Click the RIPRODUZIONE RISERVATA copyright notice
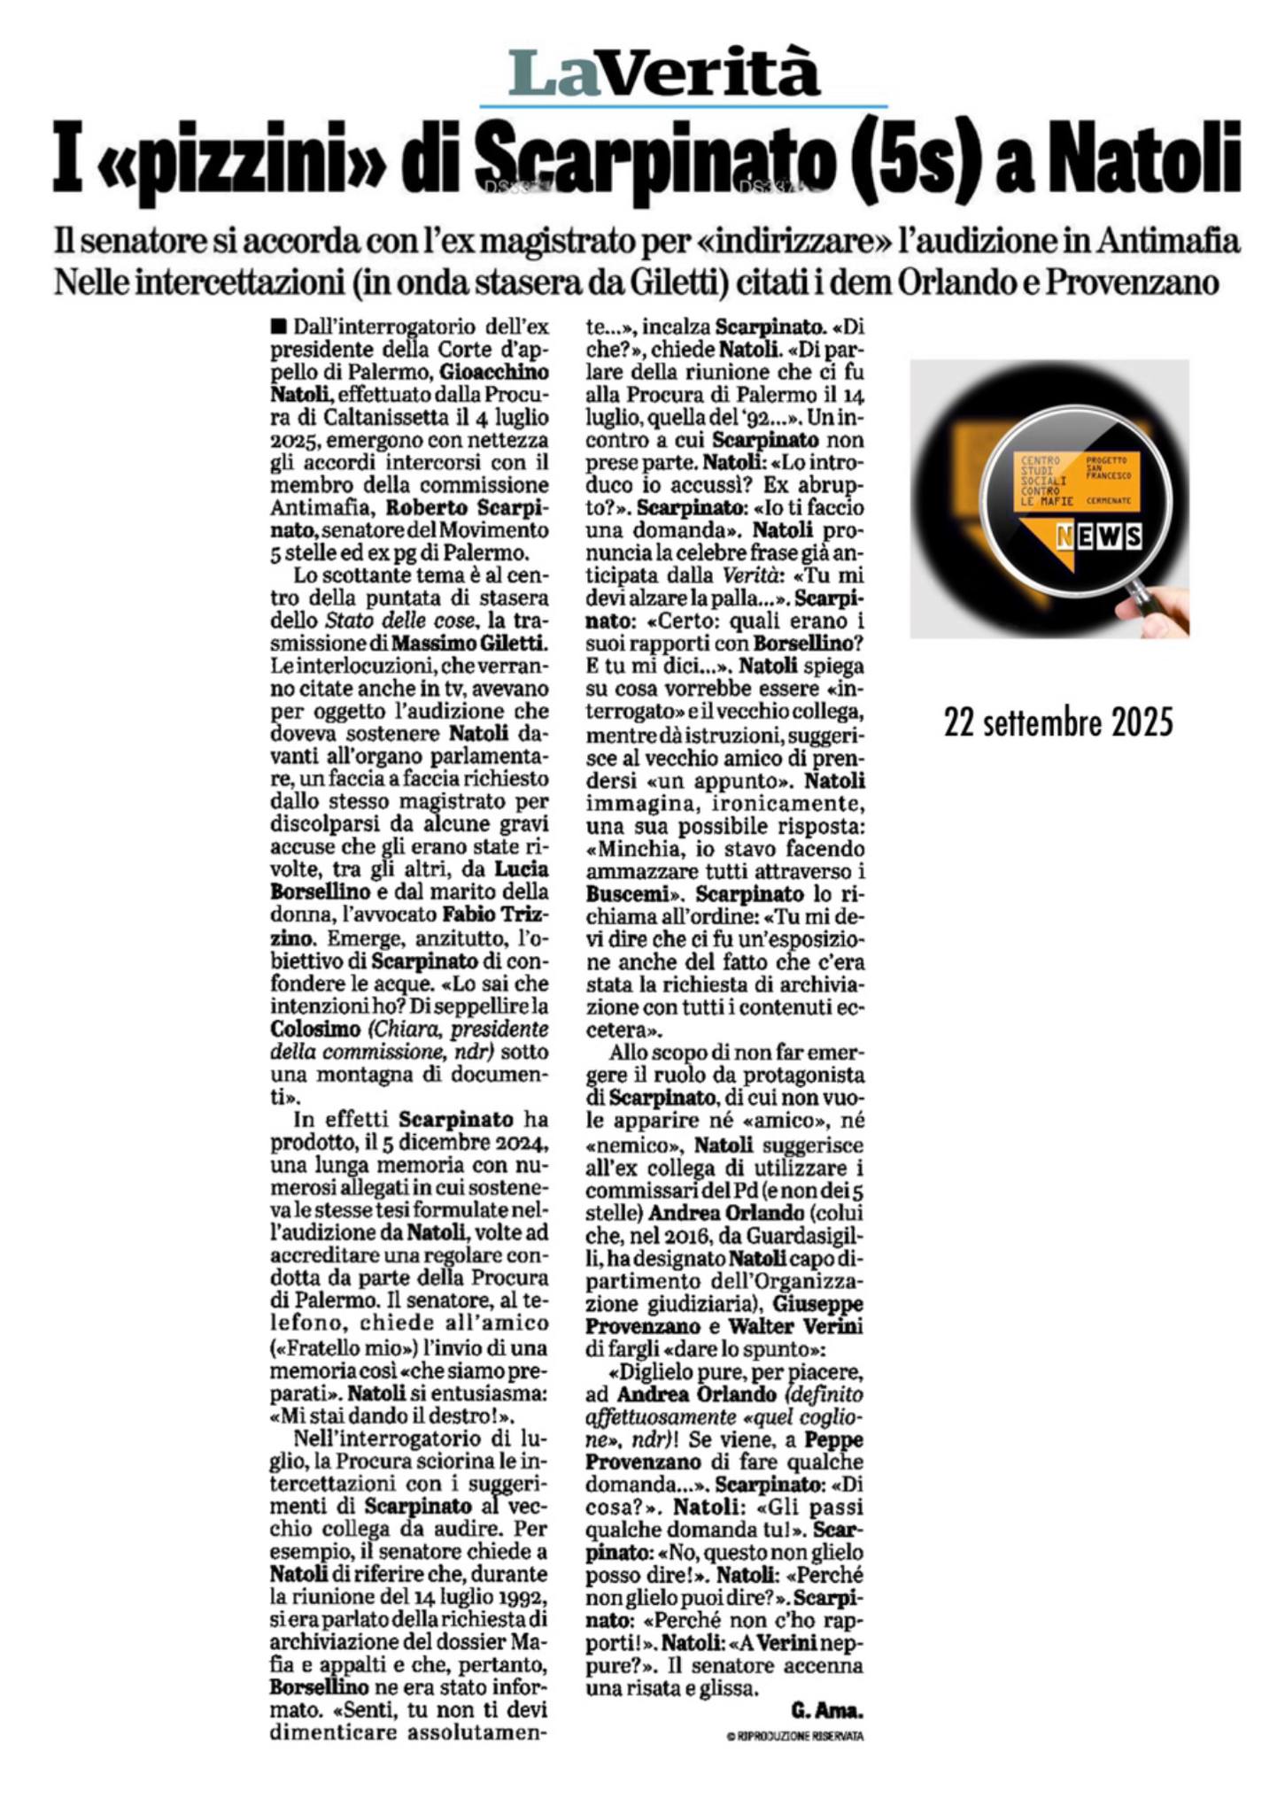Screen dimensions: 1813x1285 (794, 1736)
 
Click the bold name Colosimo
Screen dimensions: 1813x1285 (316, 1030)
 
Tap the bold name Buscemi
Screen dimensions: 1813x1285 (629, 894)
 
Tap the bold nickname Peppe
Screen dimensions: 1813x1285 (838, 1440)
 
